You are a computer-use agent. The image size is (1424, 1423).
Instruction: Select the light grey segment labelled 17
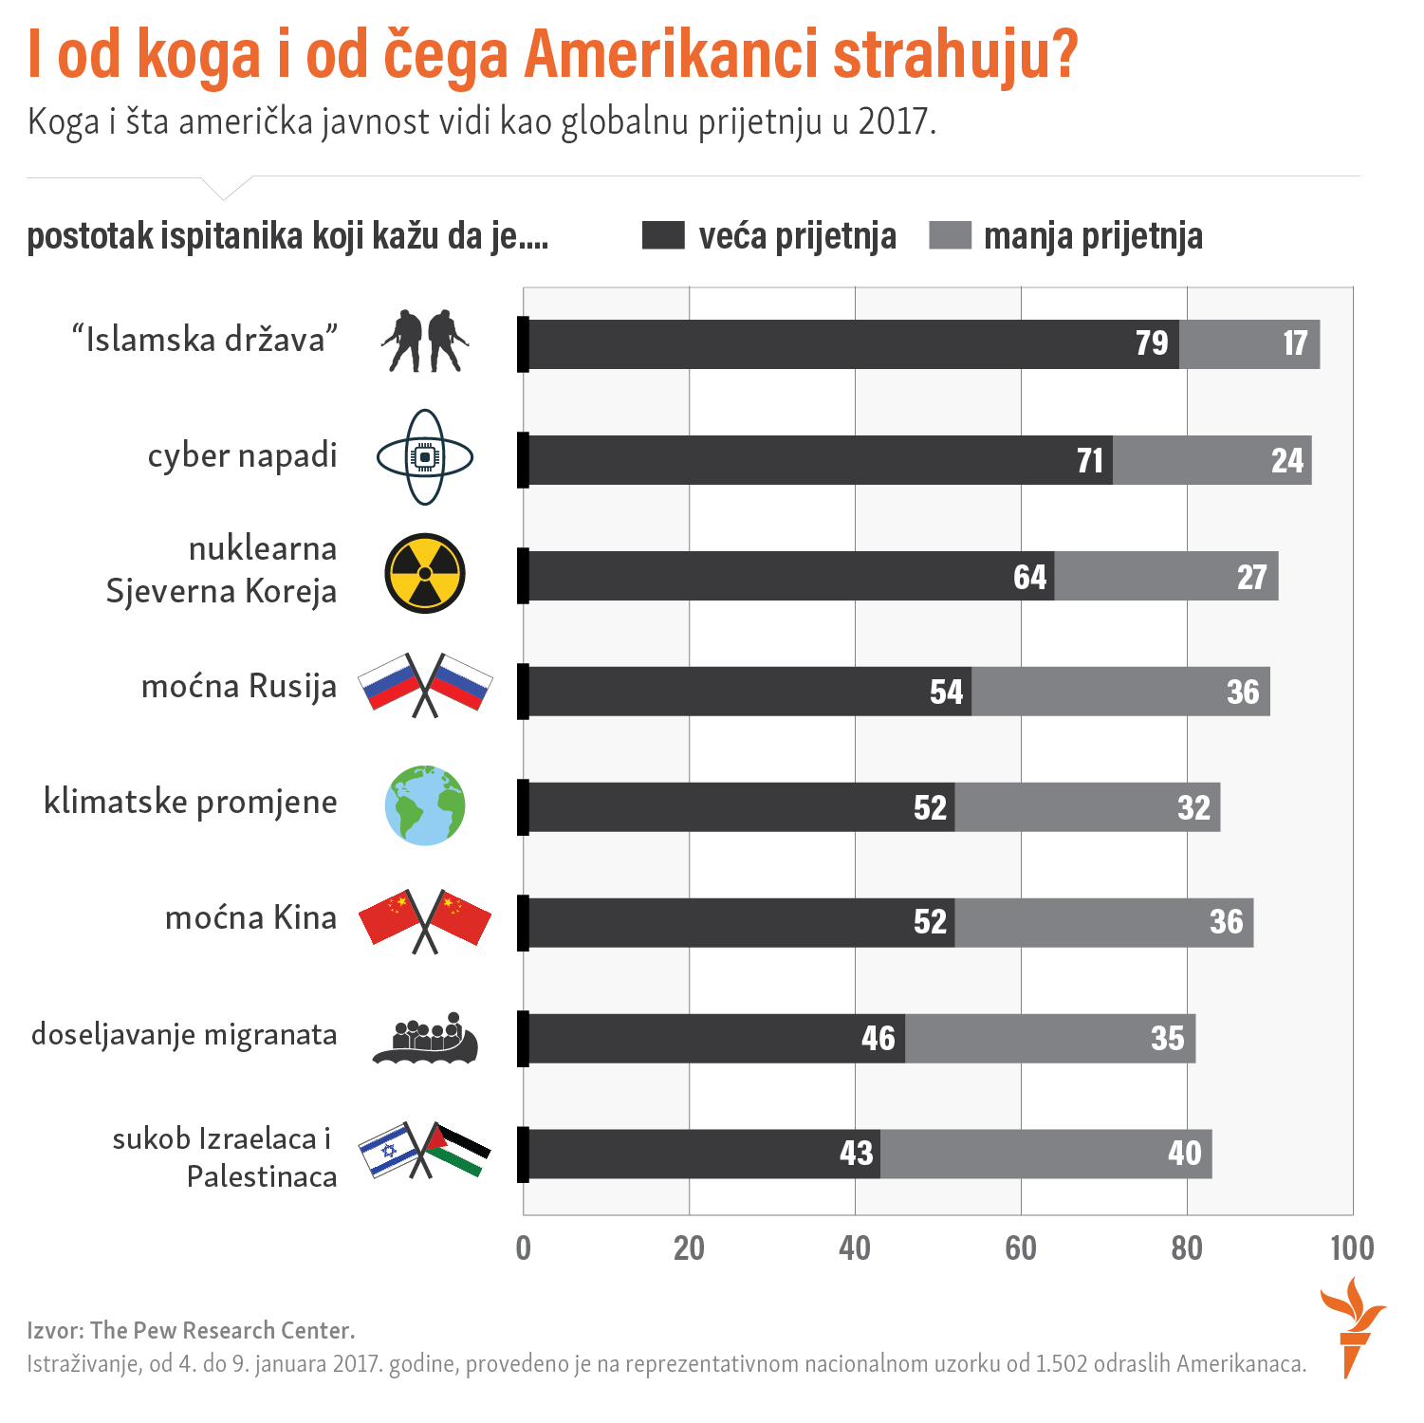click(x=1249, y=344)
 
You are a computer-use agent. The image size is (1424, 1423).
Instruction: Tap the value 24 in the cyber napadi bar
click(x=1287, y=461)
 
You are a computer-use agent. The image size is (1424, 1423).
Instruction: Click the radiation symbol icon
click(x=425, y=573)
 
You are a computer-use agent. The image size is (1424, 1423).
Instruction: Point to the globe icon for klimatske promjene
click(x=425, y=805)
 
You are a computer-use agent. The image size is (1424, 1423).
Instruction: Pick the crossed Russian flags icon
click(x=425, y=684)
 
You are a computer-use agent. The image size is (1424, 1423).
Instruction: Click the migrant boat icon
click(x=425, y=1038)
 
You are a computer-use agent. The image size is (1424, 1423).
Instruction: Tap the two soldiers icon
click(x=425, y=341)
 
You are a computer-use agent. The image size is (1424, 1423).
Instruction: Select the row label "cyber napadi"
click(x=242, y=456)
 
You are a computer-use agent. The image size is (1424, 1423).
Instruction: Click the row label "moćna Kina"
click(x=250, y=918)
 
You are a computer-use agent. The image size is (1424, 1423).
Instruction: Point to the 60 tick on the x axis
click(x=1021, y=1248)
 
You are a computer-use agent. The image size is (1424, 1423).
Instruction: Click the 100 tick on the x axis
click(x=1352, y=1248)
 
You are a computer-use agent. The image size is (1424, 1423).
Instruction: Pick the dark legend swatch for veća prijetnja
click(x=663, y=235)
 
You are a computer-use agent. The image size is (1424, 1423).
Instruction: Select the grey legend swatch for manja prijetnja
click(x=950, y=235)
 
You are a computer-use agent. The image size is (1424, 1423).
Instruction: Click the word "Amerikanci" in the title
click(x=671, y=55)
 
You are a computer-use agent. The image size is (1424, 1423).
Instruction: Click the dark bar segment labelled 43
click(x=702, y=1154)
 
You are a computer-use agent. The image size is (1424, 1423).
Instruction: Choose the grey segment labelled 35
click(x=1050, y=1038)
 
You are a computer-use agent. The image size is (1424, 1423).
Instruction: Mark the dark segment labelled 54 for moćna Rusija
click(x=749, y=692)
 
